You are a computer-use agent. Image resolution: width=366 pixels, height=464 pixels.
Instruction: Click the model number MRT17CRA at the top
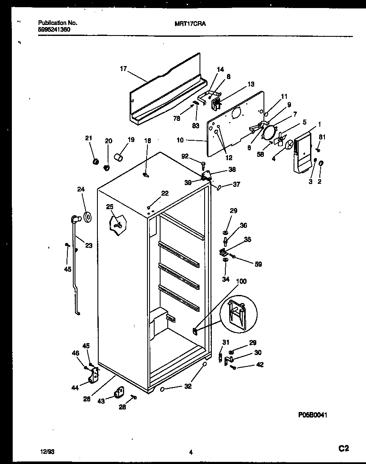click(x=190, y=24)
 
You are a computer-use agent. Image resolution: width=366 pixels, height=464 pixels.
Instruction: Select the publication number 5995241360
click(x=54, y=30)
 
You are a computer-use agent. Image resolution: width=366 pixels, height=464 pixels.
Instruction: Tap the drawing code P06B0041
click(x=313, y=415)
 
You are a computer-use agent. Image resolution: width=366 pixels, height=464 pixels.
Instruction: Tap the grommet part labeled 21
click(x=96, y=161)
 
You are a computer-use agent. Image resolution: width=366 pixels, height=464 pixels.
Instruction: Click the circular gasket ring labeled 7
click(x=268, y=131)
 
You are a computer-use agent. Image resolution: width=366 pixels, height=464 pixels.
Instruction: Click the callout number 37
click(x=236, y=184)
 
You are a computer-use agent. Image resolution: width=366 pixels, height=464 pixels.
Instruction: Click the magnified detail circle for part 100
click(x=238, y=315)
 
